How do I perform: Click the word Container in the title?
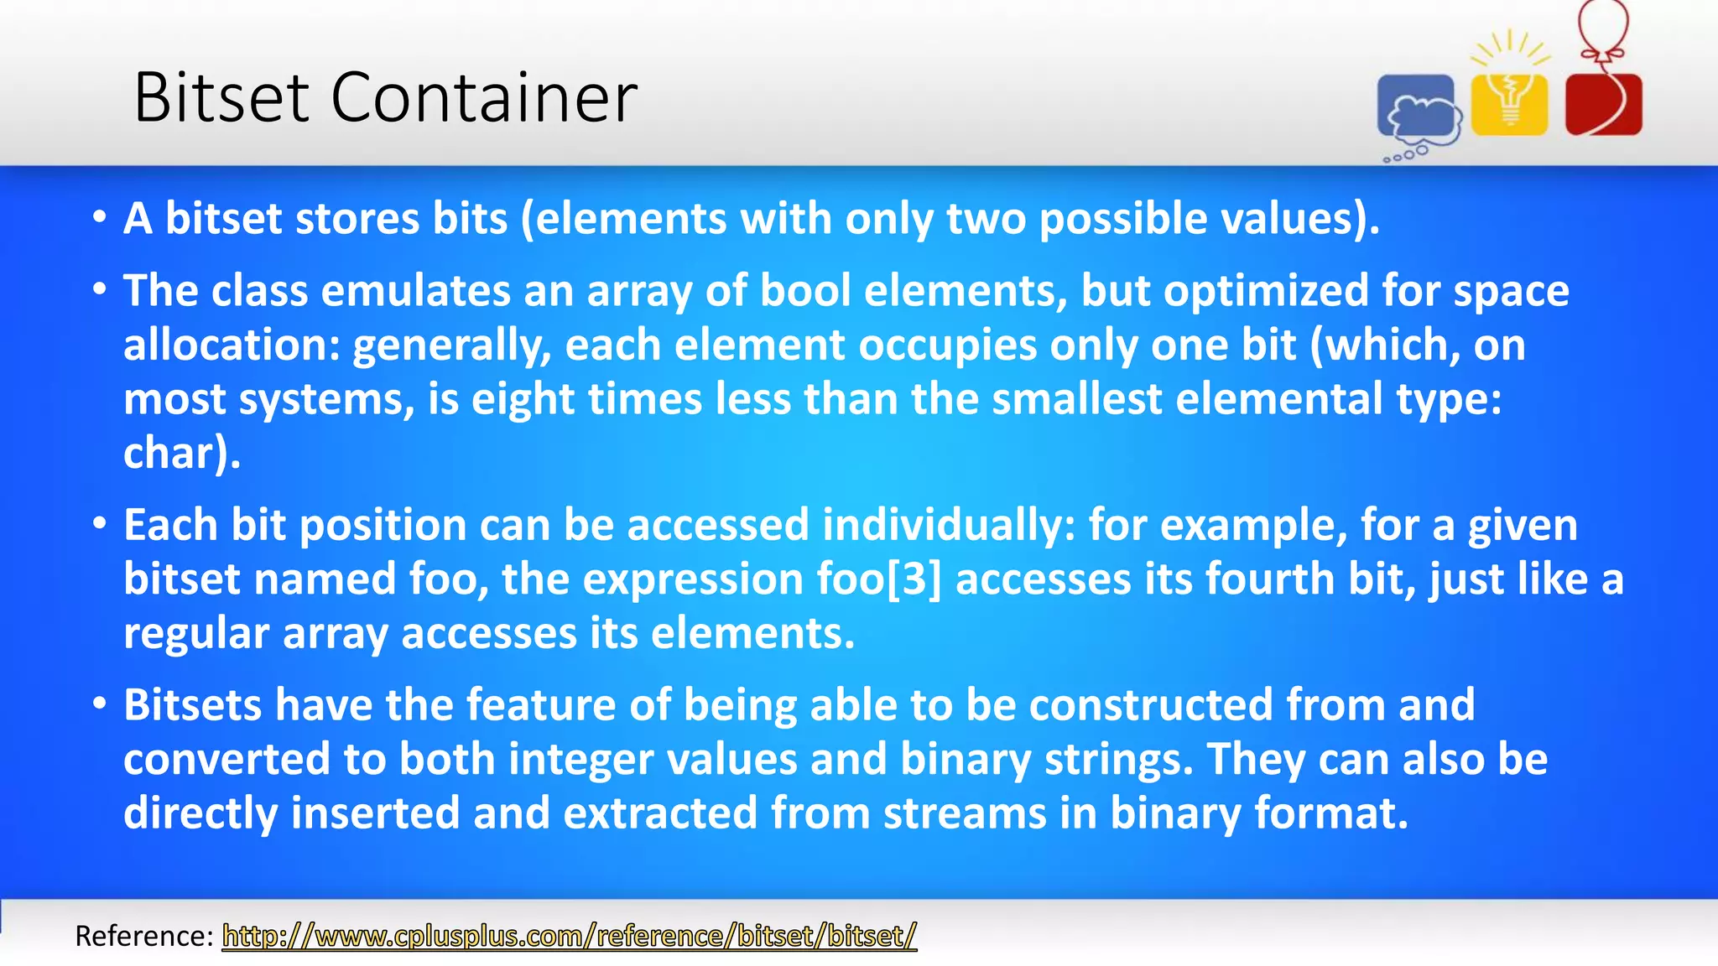click(484, 98)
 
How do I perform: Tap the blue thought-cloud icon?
click(1417, 110)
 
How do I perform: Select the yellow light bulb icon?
click(1510, 101)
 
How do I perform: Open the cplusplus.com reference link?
click(569, 935)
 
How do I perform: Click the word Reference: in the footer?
click(144, 935)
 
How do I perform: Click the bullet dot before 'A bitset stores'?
click(100, 218)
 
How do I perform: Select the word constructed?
click(1151, 704)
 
